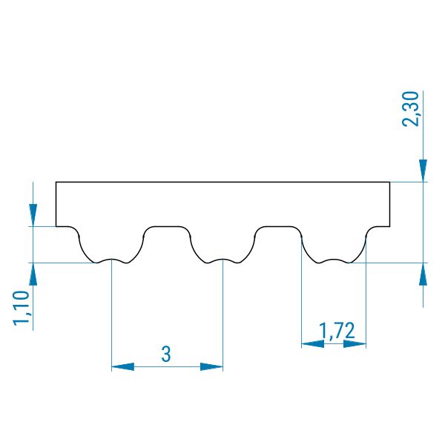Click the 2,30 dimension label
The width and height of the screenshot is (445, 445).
(411, 109)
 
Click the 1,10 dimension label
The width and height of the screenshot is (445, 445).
(22, 308)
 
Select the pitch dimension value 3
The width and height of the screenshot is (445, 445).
(166, 354)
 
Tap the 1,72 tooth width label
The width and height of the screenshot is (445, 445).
(337, 331)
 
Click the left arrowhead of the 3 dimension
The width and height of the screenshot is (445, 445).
(122, 366)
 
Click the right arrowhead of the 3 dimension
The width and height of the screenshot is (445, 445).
(211, 366)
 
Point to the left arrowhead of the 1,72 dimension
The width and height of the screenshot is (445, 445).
(312, 344)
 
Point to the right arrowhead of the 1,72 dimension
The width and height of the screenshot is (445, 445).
(355, 344)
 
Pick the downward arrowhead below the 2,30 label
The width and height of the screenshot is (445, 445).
(423, 171)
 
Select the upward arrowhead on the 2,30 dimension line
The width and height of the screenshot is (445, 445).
(423, 274)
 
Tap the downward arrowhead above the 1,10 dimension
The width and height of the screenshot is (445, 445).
(33, 215)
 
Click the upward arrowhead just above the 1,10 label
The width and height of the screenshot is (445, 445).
(33, 274)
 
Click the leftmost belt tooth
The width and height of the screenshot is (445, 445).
(111, 246)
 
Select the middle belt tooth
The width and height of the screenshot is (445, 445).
(222, 246)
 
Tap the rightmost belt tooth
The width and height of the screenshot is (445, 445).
(334, 246)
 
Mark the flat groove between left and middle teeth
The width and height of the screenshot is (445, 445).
(167, 226)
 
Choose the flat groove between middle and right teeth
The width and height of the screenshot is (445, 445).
(278, 226)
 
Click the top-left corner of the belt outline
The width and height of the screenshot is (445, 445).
(56, 182)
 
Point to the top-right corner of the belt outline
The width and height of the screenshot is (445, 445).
(389, 182)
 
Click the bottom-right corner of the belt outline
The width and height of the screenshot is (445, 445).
(389, 226)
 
